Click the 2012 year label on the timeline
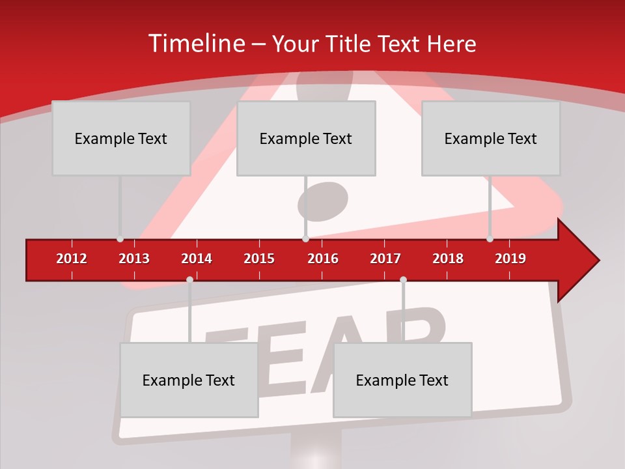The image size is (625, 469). pyautogui.click(x=72, y=259)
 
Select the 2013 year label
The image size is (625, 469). pyautogui.click(x=134, y=259)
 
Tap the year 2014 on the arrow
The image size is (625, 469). pyautogui.click(x=197, y=259)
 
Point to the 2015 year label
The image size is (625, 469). pyautogui.click(x=259, y=259)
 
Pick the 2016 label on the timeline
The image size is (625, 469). pyautogui.click(x=323, y=259)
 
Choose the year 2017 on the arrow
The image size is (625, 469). pyautogui.click(x=385, y=259)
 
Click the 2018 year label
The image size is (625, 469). pyautogui.click(x=448, y=259)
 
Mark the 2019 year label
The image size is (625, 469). pyautogui.click(x=510, y=259)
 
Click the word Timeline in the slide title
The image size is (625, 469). pyautogui.click(x=195, y=44)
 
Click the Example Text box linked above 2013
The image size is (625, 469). pyautogui.click(x=121, y=138)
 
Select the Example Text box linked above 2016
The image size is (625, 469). pyautogui.click(x=306, y=138)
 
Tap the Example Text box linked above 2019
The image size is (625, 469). pyautogui.click(x=491, y=138)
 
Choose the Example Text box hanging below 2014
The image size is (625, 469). pyautogui.click(x=189, y=380)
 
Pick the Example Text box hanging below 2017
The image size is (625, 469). pyautogui.click(x=402, y=380)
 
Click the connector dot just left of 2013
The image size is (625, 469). pyautogui.click(x=120, y=239)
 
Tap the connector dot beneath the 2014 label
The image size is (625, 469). pyautogui.click(x=189, y=280)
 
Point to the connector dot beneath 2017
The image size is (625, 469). pyautogui.click(x=403, y=280)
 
